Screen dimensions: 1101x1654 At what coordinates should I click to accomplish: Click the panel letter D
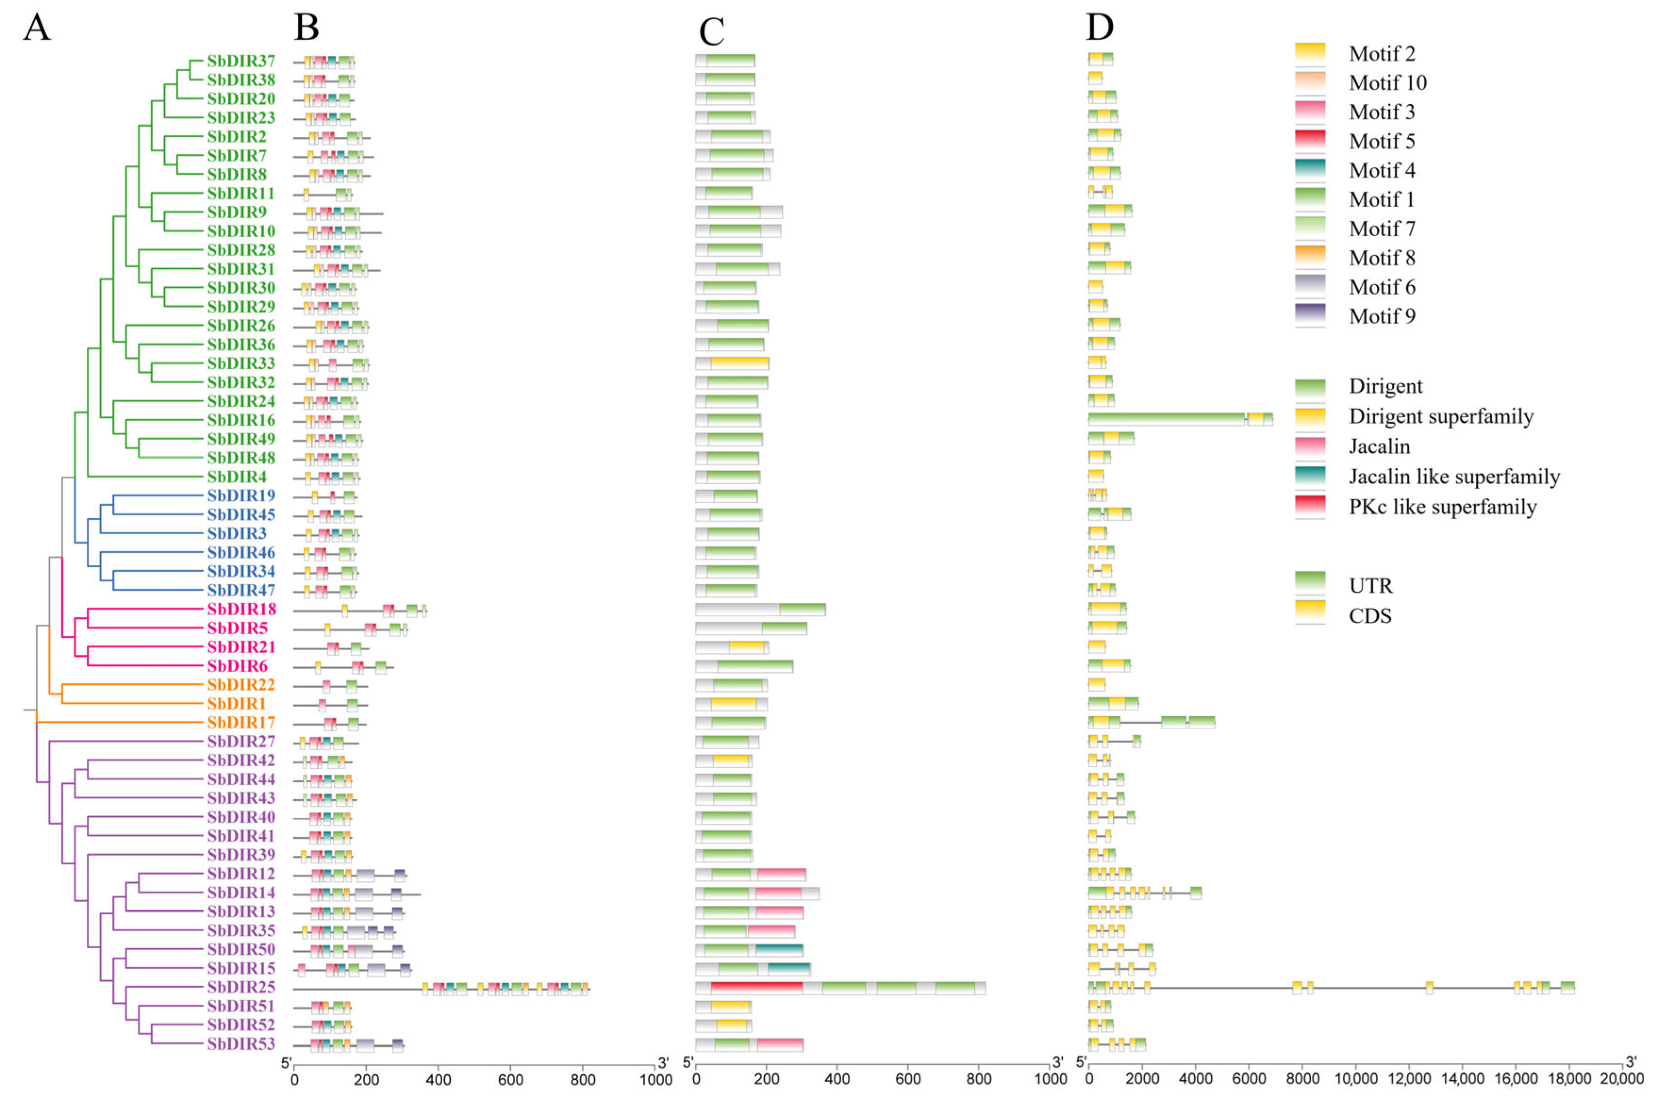click(1100, 27)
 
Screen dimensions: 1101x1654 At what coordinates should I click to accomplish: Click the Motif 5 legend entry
click(1381, 141)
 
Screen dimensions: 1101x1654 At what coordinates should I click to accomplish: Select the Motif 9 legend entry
click(1381, 316)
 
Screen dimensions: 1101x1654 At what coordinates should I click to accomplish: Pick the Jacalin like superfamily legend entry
click(1453, 477)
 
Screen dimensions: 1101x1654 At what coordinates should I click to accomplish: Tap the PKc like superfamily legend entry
click(1441, 507)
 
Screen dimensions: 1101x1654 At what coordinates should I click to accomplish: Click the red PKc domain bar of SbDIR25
click(756, 988)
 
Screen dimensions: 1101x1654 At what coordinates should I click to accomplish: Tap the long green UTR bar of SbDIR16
click(1166, 419)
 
